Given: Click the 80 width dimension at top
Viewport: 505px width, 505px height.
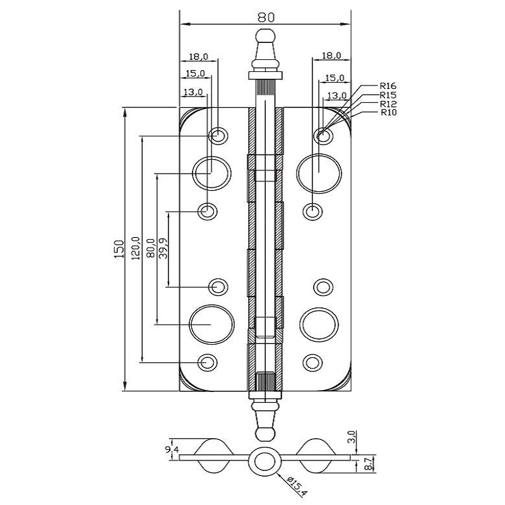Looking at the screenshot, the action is pos(266,18).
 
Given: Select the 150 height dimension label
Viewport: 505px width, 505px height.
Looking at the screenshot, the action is pos(119,248).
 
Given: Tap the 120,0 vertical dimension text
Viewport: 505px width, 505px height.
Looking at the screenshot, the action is pos(136,247).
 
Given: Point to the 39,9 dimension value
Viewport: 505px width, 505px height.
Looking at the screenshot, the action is pos(163,247).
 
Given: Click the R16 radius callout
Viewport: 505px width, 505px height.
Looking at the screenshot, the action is pos(388,86).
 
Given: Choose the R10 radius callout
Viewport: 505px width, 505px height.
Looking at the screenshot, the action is pos(389,112).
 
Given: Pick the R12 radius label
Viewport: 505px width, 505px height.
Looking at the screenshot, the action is pos(388,104).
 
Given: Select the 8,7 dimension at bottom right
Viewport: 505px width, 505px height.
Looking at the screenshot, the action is pos(369,464).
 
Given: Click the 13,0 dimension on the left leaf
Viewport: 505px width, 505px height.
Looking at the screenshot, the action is pos(193,92).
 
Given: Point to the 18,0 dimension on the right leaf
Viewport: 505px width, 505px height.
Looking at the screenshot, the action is pos(331,56).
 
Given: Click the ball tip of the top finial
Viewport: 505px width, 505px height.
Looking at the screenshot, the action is pos(266,36).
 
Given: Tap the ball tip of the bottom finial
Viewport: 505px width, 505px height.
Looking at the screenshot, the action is pos(266,434).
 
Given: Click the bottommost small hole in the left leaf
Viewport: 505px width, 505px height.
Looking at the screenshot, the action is pos(207,362).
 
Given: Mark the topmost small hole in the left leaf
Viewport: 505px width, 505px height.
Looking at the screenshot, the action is pos(218,135).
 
